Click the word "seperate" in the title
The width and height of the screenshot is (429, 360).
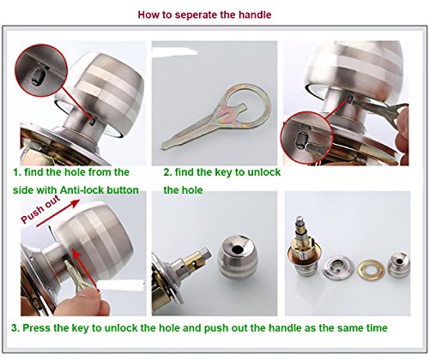195,15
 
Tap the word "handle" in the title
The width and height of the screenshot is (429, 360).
255,15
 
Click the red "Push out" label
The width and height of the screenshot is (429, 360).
40,209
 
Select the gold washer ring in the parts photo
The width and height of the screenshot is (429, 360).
371,269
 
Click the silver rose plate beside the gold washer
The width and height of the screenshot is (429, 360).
338,267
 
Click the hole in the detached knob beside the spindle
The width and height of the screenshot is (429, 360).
237,249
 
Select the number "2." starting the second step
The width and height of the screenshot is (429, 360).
167,172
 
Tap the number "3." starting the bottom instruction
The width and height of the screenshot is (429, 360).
15,328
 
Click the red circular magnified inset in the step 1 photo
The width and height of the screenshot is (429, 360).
41,70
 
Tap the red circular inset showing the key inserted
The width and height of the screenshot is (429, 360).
306,138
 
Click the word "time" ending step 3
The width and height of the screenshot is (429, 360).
377,328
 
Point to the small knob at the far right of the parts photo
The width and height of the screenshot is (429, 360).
398,265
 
